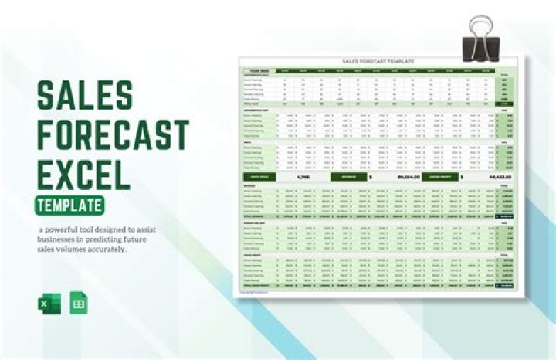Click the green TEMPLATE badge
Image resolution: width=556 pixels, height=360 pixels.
(70, 205)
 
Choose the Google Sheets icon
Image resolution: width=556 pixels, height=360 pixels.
(78, 303)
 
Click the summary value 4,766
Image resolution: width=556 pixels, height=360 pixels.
(303, 177)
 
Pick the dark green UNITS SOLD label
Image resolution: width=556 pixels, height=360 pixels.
(260, 177)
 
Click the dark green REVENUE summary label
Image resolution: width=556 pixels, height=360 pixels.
(345, 177)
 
